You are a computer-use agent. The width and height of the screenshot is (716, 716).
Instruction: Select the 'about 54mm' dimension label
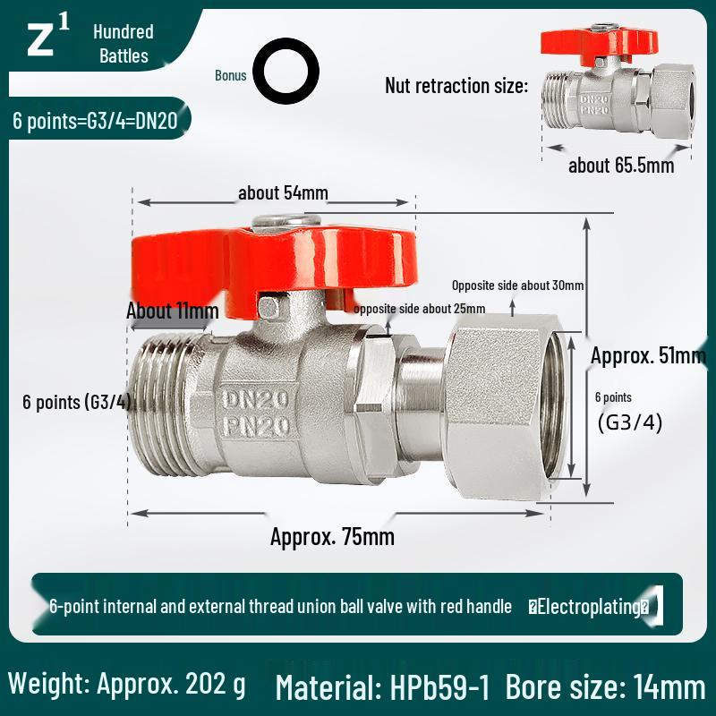[x=283, y=193]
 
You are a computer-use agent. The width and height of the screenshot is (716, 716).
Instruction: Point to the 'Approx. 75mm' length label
[x=332, y=537]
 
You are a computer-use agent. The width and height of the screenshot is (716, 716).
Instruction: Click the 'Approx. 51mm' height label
[x=648, y=355]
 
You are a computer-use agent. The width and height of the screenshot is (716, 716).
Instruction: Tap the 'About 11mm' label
[x=172, y=311]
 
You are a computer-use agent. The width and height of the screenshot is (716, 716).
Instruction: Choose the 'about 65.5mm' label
[x=621, y=166]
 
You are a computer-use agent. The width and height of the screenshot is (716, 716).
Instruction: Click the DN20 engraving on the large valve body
[x=257, y=397]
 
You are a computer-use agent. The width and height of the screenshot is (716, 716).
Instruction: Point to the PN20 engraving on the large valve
[x=257, y=426]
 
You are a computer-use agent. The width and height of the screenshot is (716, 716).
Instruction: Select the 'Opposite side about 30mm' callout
[x=517, y=286]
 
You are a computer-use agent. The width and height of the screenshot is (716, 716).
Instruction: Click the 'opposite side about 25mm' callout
[x=419, y=309]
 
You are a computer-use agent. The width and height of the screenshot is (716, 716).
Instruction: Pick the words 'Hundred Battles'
[x=124, y=44]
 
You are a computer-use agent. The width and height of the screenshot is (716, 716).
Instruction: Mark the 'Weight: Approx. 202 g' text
[x=126, y=685]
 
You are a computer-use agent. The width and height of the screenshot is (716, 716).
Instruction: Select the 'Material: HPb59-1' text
[x=383, y=687]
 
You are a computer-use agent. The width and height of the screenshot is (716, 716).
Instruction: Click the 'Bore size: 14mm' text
[x=605, y=687]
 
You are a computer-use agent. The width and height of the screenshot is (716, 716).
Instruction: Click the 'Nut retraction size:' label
[x=456, y=86]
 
